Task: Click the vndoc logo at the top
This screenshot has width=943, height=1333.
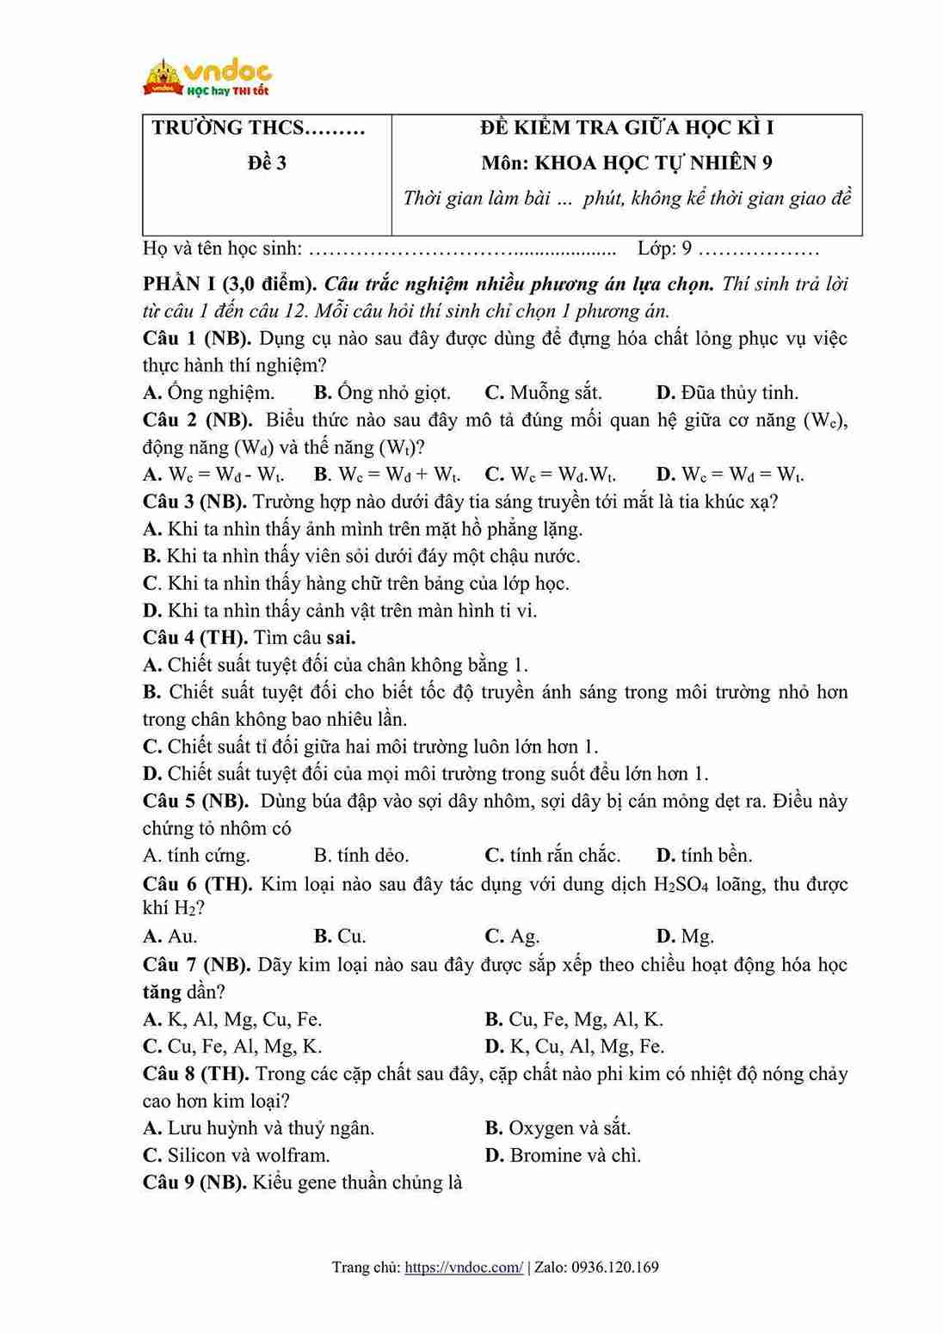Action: [206, 77]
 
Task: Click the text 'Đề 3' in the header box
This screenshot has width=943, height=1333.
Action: [267, 163]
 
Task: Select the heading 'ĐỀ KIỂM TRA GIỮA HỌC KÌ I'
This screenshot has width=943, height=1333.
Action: [626, 128]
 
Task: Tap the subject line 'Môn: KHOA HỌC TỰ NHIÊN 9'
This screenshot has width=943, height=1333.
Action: [626, 163]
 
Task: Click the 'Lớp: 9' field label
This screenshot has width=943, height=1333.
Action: [665, 249]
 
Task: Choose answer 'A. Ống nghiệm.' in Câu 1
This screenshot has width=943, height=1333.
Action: [209, 393]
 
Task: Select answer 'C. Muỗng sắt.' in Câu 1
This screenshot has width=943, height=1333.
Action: [543, 393]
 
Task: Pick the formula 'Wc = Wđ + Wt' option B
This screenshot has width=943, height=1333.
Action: [387, 474]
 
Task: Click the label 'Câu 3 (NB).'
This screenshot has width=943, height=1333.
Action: [194, 501]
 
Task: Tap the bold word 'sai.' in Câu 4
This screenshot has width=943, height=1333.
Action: [341, 638]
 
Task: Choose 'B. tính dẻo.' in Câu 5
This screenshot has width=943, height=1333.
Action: [361, 856]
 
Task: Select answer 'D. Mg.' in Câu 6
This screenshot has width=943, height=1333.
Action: [685, 936]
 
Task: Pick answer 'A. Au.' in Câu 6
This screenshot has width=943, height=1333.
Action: [170, 936]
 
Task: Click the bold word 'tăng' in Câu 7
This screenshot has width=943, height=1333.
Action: [162, 992]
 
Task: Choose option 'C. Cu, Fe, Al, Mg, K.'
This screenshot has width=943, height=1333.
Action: [232, 1047]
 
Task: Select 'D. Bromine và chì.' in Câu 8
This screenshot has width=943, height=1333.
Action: [563, 1155]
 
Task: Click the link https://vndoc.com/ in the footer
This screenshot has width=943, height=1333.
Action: [463, 1268]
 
